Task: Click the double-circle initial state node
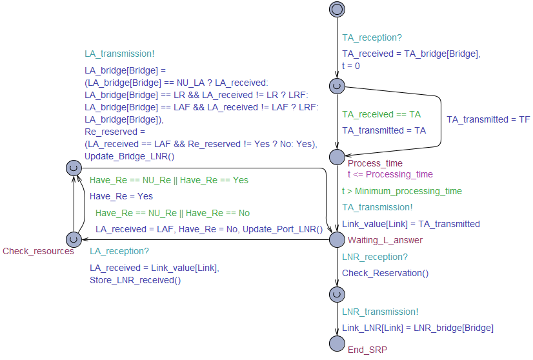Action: coord(337,9)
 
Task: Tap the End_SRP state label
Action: coord(367,350)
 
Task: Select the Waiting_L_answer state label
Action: coord(385,240)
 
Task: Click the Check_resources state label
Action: coord(38,251)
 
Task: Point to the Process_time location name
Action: coord(375,163)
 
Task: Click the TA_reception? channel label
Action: coord(372,37)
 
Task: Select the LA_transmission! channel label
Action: coord(119,54)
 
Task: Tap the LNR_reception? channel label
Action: coord(375,257)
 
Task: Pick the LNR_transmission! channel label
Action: coord(380,312)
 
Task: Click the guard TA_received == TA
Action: coord(381,114)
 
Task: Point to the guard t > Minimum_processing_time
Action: coord(402,191)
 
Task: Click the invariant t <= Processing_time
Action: coord(390,174)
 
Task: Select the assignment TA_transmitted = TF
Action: coord(488,119)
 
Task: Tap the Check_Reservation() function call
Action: coord(385,273)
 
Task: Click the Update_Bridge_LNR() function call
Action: coord(129,156)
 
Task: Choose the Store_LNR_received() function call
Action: coord(135,280)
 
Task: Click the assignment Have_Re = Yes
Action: coord(121,196)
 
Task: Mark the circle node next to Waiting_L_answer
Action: coord(337,239)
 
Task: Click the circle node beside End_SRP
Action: coord(337,344)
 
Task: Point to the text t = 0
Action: coord(351,66)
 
